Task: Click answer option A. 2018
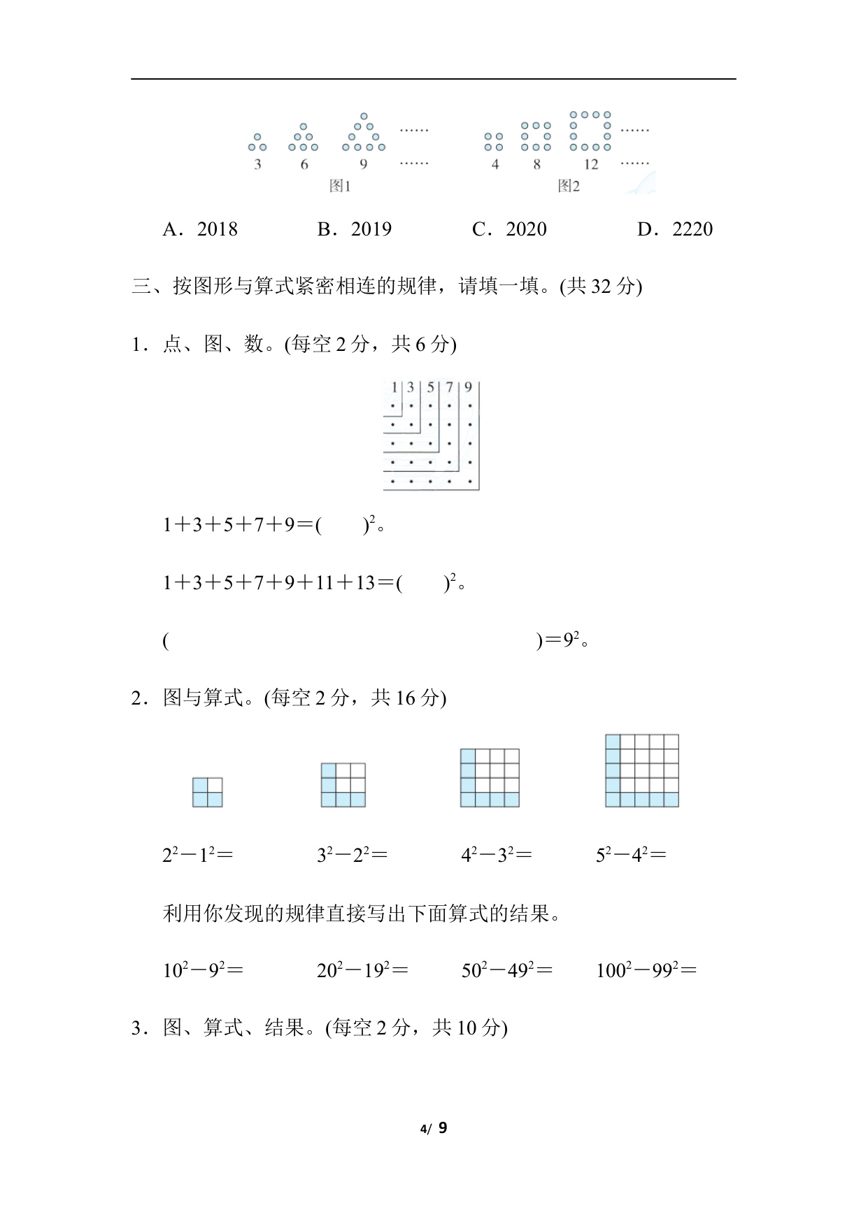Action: point(200,229)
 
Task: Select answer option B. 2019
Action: point(355,229)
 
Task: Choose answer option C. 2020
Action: point(509,229)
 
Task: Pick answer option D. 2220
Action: point(675,229)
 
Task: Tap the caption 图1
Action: point(340,186)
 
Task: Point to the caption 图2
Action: point(569,186)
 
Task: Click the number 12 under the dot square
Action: point(591,165)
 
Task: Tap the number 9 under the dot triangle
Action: point(363,165)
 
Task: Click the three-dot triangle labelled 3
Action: point(257,143)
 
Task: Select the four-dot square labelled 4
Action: point(494,142)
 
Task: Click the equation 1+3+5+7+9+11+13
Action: point(280,583)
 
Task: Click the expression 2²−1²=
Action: point(197,855)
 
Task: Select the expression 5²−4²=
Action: point(631,855)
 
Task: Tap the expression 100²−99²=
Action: point(646,970)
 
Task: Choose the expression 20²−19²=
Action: point(362,970)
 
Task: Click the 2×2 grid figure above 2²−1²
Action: point(208,792)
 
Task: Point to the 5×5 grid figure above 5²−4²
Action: point(642,771)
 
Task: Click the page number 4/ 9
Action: point(434,1128)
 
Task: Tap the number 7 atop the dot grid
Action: point(449,387)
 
